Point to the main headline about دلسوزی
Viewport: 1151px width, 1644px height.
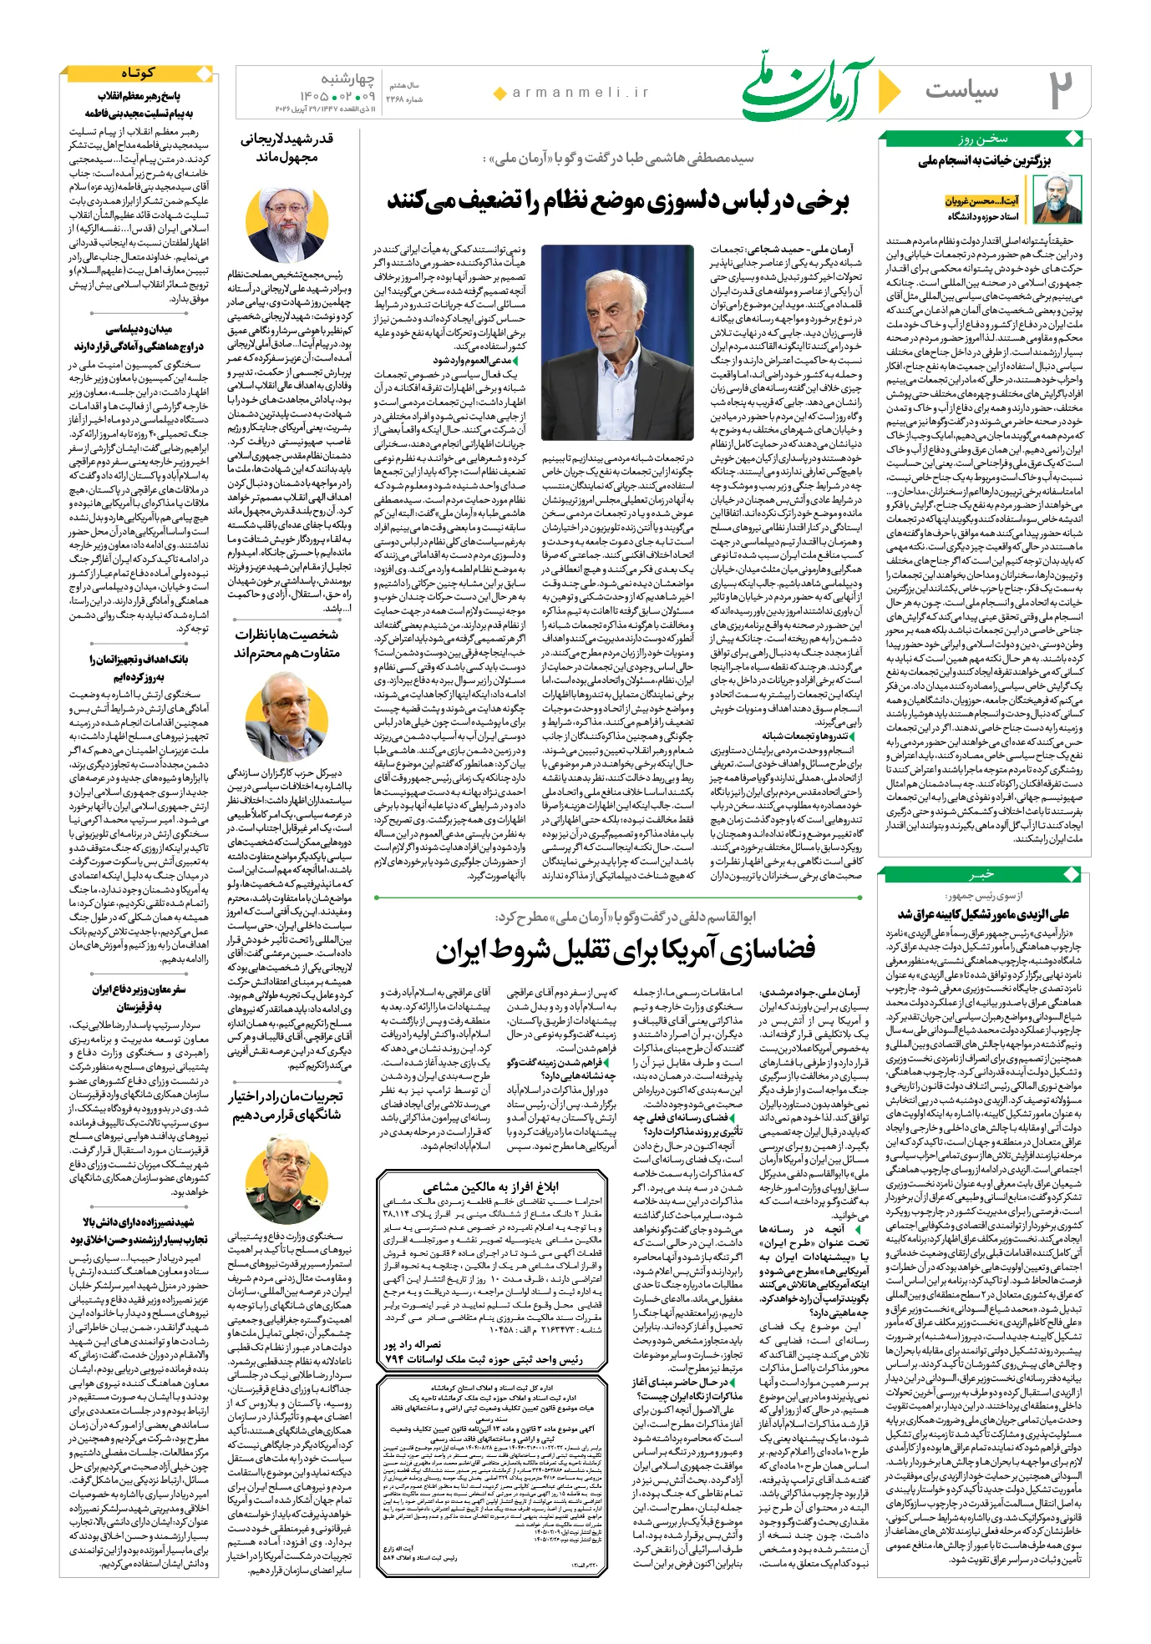617,201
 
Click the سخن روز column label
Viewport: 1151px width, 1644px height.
983,139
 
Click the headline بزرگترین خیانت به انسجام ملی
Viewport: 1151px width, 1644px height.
985,160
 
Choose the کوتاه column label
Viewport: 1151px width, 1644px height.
138,73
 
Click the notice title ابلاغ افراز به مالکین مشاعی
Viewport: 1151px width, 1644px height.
490,1187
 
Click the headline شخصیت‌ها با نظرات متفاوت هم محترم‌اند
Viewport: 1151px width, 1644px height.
286,643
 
